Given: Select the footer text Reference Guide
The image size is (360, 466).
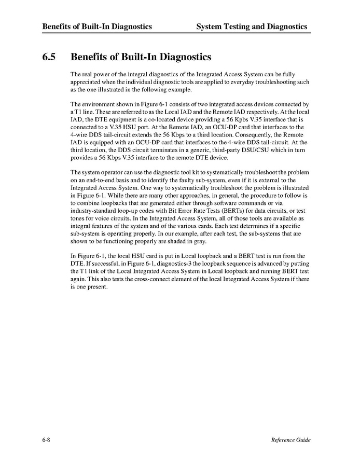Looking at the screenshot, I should click(x=290, y=440).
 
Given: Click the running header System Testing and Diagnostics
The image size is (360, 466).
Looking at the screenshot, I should click(x=252, y=26).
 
